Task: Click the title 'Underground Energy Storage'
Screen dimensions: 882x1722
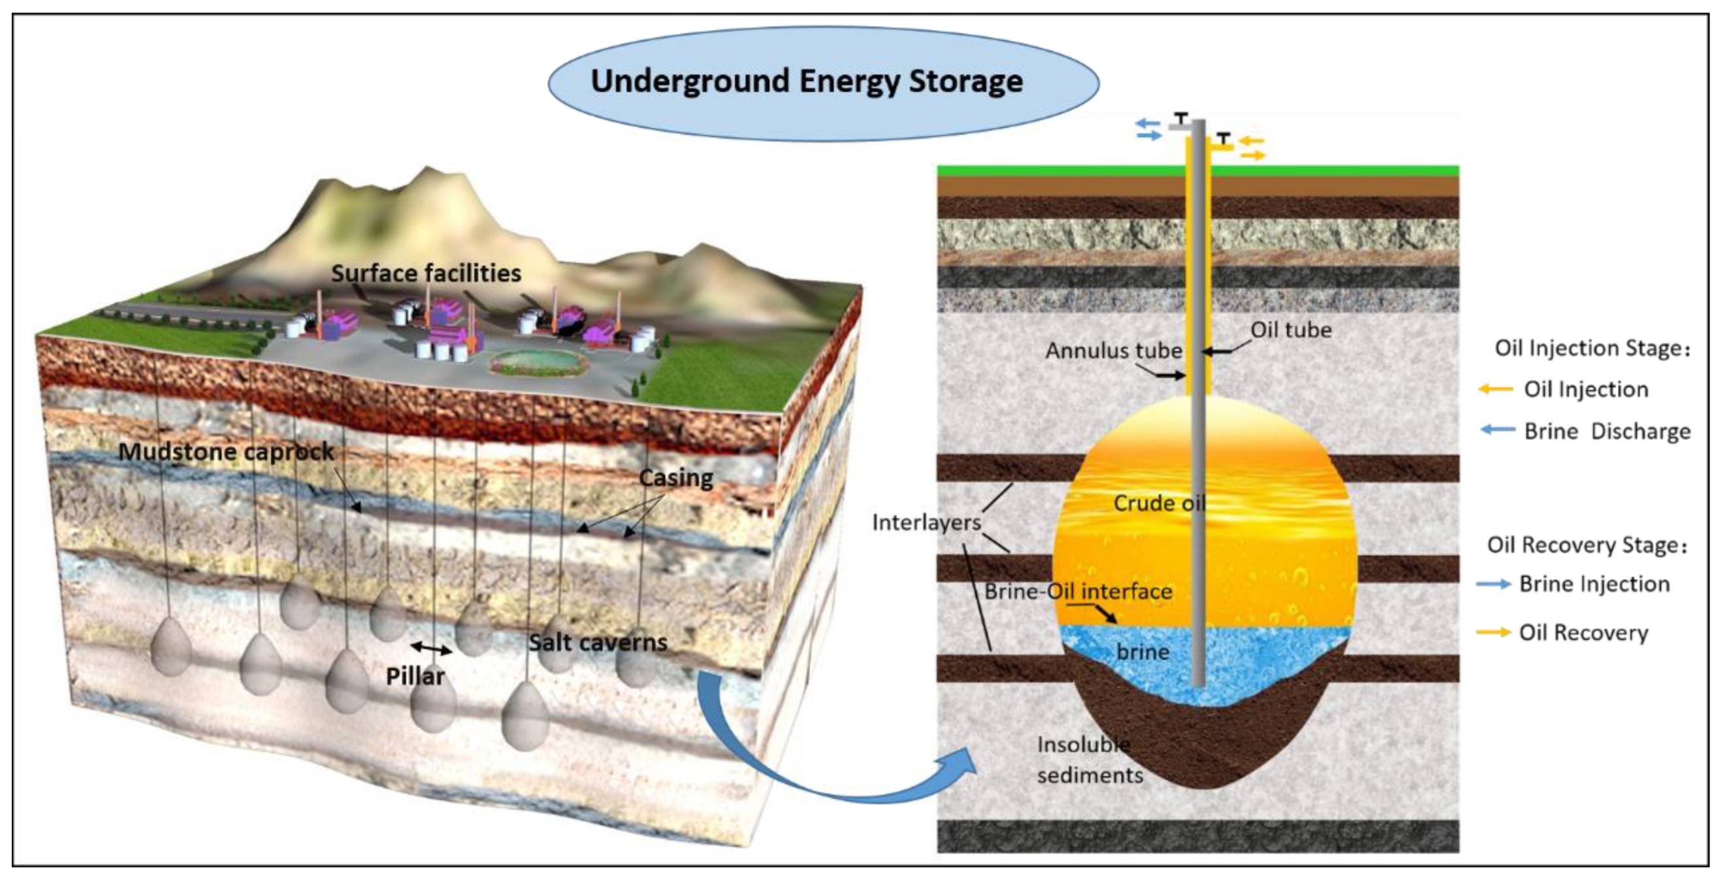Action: click(806, 81)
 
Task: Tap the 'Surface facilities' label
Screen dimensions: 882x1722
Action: click(426, 273)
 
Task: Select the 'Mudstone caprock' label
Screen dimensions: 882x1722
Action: click(226, 451)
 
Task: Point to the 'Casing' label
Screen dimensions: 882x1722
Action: click(676, 477)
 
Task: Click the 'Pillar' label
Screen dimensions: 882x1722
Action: click(415, 676)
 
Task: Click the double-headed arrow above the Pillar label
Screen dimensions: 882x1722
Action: click(430, 647)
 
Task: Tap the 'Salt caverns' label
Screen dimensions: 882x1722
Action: click(598, 642)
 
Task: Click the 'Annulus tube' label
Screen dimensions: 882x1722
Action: click(1113, 350)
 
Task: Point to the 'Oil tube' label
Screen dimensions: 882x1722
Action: click(1290, 330)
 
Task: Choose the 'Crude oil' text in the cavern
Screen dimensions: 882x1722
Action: click(1159, 503)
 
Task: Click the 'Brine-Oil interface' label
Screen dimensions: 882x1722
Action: click(1078, 590)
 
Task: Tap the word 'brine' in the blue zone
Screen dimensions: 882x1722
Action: click(1143, 651)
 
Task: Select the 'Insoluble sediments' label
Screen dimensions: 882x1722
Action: click(1090, 760)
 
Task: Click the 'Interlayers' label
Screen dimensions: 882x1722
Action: click(926, 522)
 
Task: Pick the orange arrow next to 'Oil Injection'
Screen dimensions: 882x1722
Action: click(1494, 389)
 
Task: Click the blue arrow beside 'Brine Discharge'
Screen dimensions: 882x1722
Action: click(1498, 430)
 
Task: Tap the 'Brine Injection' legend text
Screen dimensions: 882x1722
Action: click(1594, 583)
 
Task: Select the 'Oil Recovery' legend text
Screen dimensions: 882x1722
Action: click(1583, 632)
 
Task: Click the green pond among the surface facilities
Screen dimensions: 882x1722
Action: click(537, 363)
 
